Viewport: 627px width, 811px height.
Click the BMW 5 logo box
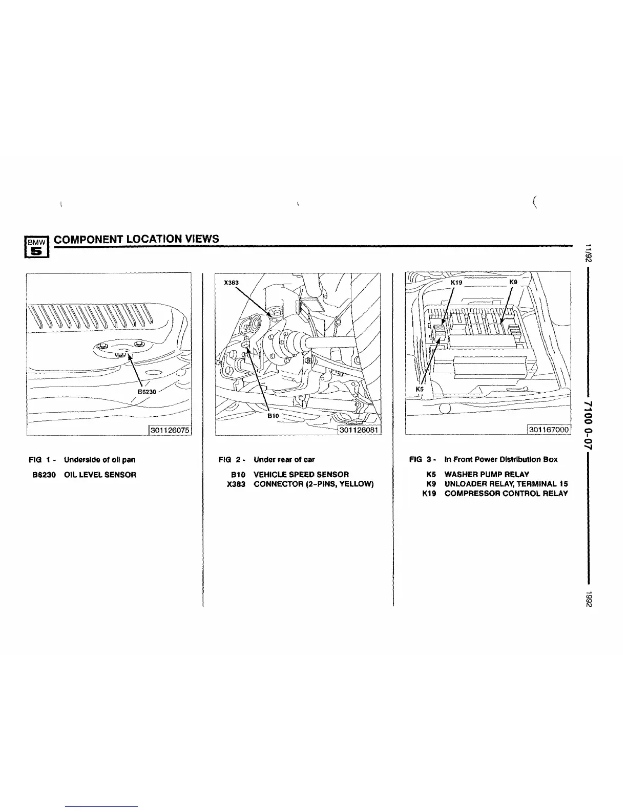click(x=36, y=247)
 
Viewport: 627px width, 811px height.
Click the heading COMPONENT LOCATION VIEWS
click(x=137, y=239)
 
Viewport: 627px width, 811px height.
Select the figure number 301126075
click(x=170, y=430)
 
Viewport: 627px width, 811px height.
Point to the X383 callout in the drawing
click(x=232, y=282)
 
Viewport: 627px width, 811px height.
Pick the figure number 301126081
click(x=359, y=430)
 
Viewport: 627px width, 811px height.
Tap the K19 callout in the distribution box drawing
click(x=456, y=282)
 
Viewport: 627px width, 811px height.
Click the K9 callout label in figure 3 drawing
click(x=513, y=282)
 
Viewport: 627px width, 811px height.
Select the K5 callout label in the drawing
click(x=420, y=389)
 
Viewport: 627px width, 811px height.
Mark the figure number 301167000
click(x=549, y=430)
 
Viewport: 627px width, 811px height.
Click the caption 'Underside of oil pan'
click(x=99, y=460)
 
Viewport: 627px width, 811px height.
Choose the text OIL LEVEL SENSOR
click(x=100, y=475)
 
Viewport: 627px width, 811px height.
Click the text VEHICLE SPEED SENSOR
click(x=301, y=475)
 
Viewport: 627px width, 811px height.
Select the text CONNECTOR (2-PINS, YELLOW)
click(x=313, y=484)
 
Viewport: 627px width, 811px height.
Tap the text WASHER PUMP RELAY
click(x=487, y=475)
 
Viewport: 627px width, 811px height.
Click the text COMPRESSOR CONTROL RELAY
click(x=506, y=494)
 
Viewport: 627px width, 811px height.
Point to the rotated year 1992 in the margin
click(x=590, y=600)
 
